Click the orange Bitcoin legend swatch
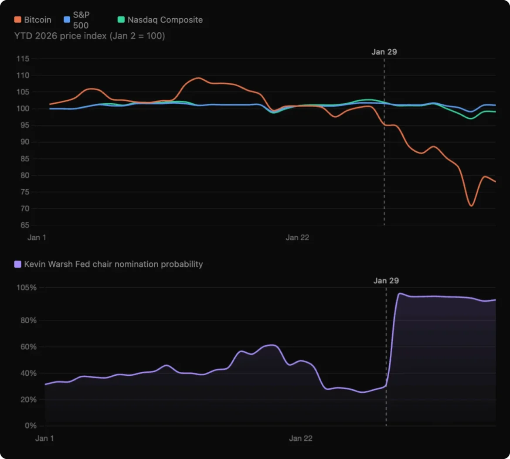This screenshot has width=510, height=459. pos(18,20)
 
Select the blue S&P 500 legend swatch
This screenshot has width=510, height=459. pos(67,20)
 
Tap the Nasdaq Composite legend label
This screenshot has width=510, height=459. pos(165,20)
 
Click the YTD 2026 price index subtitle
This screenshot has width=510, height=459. pos(90,36)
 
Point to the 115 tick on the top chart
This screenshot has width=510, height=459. pos(23,59)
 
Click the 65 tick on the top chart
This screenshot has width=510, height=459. pos(24,225)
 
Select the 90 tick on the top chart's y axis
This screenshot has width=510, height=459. pos(24,142)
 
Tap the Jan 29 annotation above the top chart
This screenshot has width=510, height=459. pos(384,52)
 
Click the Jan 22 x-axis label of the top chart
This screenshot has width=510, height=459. pos(297,238)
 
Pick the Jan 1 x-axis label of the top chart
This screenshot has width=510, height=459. pos(37,238)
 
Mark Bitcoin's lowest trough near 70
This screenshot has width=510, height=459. pos(471,206)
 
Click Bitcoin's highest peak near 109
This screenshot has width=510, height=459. pos(198,78)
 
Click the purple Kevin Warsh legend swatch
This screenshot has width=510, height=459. pos(18,264)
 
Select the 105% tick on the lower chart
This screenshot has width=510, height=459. pos(27,288)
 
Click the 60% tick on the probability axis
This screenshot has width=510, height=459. pos(27,347)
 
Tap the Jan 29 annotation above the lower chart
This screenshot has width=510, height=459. pos(386,281)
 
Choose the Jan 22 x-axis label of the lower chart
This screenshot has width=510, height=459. pos(301,438)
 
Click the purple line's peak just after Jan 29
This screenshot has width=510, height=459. pos(400,294)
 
